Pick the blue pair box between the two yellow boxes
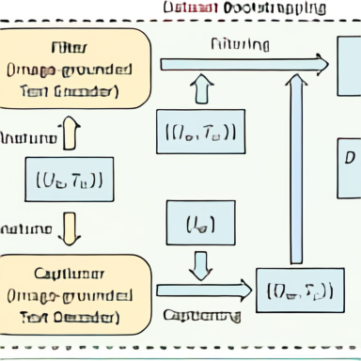[x=69, y=178]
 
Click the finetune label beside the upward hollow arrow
[x=28, y=138]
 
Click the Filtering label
[x=240, y=44]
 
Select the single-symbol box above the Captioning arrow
[x=199, y=224]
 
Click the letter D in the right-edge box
[x=351, y=155]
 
